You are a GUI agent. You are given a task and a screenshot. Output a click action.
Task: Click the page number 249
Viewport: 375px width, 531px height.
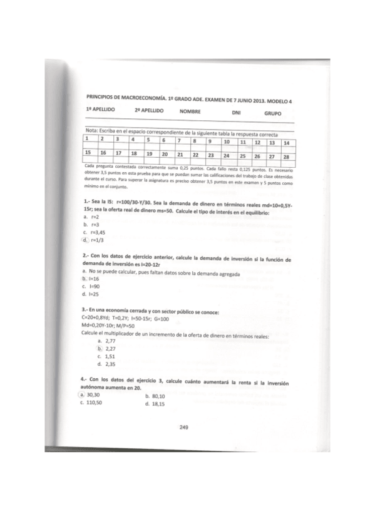[x=184, y=428]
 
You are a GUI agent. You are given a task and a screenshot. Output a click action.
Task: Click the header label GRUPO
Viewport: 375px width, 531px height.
[x=272, y=114]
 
